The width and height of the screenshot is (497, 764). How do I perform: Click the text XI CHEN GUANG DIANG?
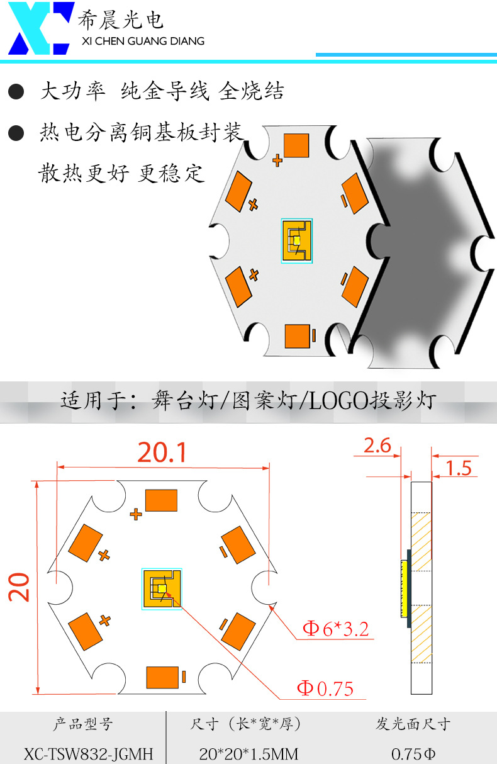tap(143, 42)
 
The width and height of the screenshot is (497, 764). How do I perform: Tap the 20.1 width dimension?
tap(162, 452)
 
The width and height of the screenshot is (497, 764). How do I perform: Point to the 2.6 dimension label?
tap(377, 446)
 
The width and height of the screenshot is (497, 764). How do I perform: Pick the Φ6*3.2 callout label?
tap(335, 629)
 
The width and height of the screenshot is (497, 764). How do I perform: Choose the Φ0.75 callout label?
tap(325, 688)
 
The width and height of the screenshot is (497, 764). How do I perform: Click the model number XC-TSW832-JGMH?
tap(88, 753)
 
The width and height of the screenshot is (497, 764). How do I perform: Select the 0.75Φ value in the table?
tap(413, 753)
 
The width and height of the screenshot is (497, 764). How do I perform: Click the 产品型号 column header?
tap(83, 724)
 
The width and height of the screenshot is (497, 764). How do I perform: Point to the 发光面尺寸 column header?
tap(413, 724)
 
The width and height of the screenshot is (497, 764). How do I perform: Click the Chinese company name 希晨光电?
tap(120, 20)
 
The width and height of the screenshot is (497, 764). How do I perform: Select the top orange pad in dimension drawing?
tap(162, 500)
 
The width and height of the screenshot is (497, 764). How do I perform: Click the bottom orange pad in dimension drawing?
tap(162, 677)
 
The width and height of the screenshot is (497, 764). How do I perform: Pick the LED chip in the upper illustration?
tap(296, 240)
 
